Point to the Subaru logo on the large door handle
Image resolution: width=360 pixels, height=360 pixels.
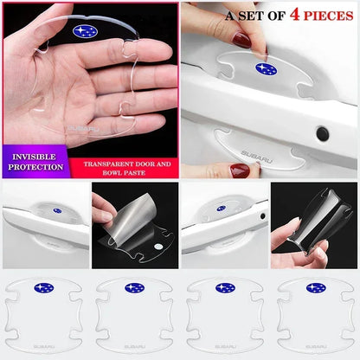pyautogui.click(x=266, y=69)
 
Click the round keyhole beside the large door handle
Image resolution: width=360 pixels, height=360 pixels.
pyautogui.click(x=322, y=133)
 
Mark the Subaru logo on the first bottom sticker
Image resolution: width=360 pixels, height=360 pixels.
pyautogui.click(x=42, y=287)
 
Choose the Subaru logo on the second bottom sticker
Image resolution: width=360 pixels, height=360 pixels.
pyautogui.click(x=134, y=287)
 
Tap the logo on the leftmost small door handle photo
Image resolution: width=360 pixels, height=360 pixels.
pyautogui.click(x=58, y=210)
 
